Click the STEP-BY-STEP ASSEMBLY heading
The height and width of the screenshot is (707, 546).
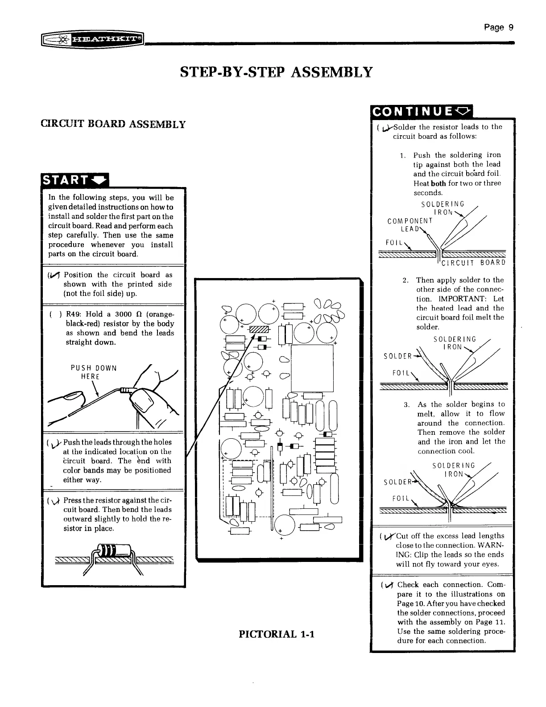pos(276,72)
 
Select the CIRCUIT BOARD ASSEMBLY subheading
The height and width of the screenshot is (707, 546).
pos(113,124)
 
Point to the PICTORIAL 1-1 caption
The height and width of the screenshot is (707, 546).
pos(277,634)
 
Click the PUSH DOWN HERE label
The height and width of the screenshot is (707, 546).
pos(94,372)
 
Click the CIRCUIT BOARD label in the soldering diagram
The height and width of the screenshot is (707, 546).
pos(473,262)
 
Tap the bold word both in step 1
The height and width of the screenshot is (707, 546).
pos(438,183)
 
